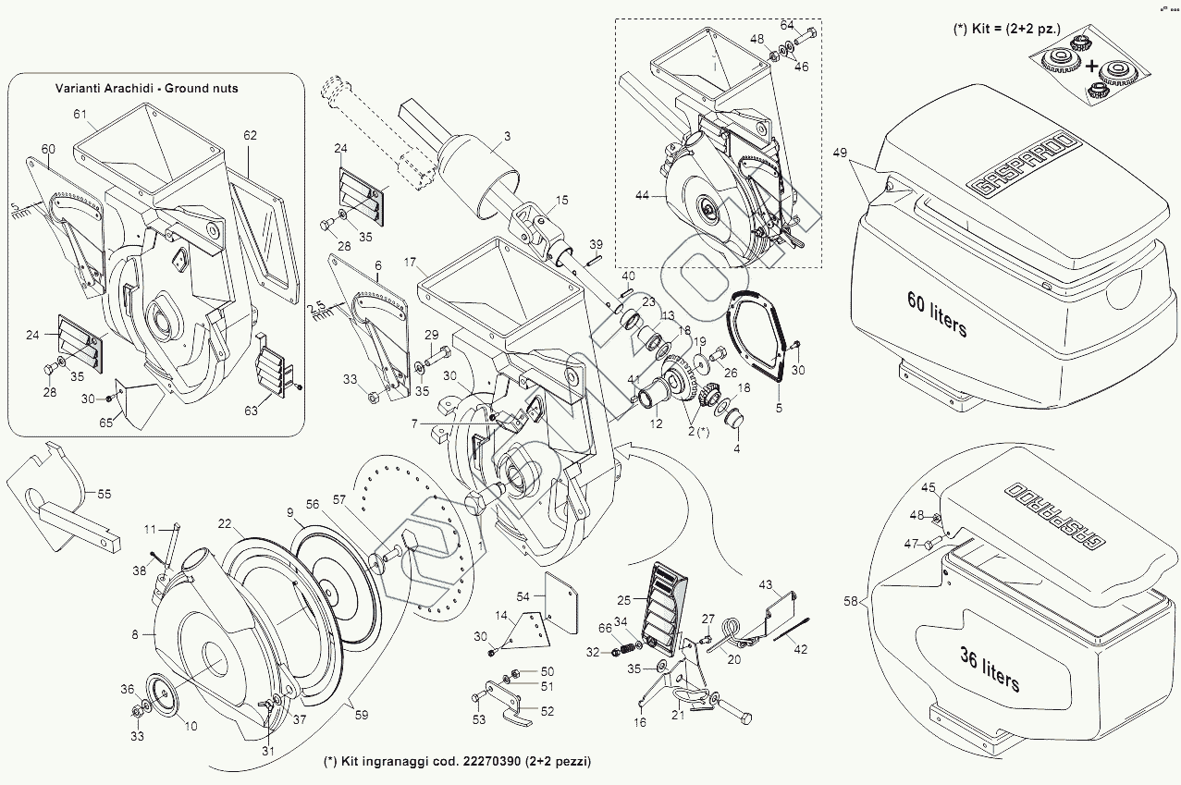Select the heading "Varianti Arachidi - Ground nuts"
(x=159, y=88)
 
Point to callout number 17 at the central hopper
(x=409, y=263)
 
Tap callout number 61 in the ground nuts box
(x=80, y=114)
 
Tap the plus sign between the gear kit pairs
(x=1092, y=66)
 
